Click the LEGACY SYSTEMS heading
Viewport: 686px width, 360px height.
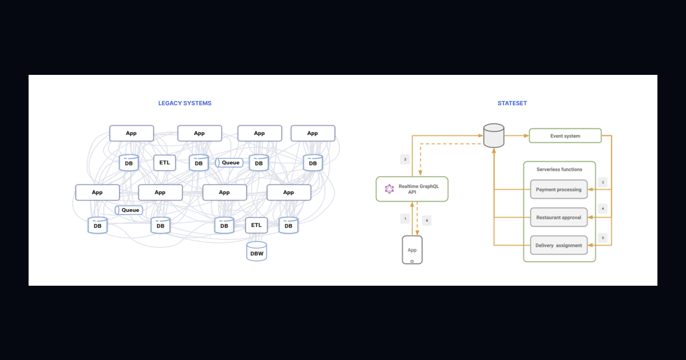point(185,103)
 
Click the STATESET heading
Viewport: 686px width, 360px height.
point(512,103)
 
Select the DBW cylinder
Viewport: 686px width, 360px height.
point(257,251)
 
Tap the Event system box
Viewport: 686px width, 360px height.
point(565,135)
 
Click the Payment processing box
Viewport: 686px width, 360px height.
point(559,190)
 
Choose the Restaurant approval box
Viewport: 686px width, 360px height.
point(559,217)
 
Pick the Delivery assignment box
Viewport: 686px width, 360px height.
point(559,245)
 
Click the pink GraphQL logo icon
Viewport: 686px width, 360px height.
point(389,189)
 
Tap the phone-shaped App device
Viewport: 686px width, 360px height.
point(412,250)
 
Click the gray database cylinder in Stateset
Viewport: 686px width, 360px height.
point(494,135)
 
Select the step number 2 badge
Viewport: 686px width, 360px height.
point(405,159)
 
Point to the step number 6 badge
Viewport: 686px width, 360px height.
point(426,221)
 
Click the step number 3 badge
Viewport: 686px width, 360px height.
point(603,182)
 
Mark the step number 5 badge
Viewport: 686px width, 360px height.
point(603,238)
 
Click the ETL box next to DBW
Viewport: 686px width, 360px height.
point(256,225)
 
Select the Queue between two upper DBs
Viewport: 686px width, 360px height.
point(229,162)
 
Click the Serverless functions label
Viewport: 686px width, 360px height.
point(559,169)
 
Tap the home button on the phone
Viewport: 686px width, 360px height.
point(412,262)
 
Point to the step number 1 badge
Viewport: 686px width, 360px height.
point(405,218)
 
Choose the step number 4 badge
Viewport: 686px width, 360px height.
point(603,209)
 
